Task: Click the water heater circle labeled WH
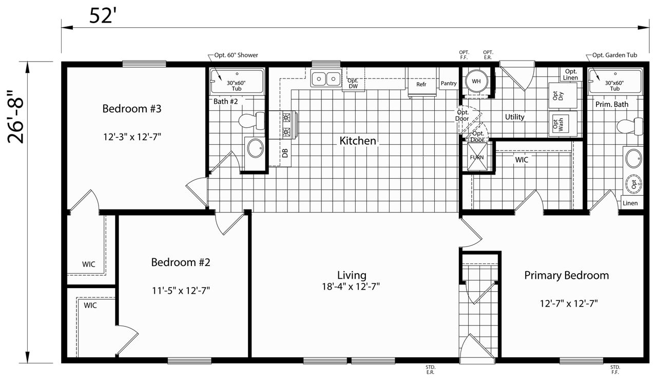click(x=476, y=81)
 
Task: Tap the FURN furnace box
click(x=477, y=157)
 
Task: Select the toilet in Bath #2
click(x=252, y=120)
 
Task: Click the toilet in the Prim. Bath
click(x=630, y=126)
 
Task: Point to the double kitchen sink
click(x=326, y=79)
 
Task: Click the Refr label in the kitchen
click(x=421, y=85)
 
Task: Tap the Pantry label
click(x=449, y=83)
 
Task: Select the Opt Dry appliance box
click(x=563, y=96)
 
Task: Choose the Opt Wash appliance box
click(x=563, y=124)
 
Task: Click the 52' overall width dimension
click(x=101, y=15)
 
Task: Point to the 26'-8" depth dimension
click(x=15, y=117)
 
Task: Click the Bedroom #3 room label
click(x=132, y=109)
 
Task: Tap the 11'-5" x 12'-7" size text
click(x=181, y=291)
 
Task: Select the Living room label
click(x=352, y=275)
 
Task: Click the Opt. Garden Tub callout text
click(x=614, y=55)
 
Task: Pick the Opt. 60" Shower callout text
click(x=236, y=55)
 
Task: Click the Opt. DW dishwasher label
click(x=353, y=83)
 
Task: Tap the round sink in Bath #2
click(x=256, y=148)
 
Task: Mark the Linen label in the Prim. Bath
click(x=630, y=203)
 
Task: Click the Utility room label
click(x=514, y=117)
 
